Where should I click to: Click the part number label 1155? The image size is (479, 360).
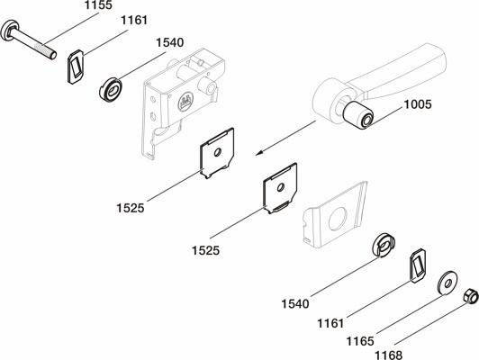point(98,5)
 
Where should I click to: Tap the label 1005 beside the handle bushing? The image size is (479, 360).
point(418,104)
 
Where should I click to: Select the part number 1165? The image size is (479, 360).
point(360,341)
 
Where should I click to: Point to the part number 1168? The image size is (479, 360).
point(389,355)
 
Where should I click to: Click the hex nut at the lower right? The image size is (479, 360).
point(470,296)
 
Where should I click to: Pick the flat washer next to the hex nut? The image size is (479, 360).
point(447,283)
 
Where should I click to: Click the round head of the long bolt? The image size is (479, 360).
point(9,30)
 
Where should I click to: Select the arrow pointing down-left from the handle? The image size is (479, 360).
point(285,138)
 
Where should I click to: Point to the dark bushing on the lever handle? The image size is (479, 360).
point(357,115)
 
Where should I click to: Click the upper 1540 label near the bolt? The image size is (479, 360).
point(170,42)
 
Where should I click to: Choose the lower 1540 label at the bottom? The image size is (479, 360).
point(295,304)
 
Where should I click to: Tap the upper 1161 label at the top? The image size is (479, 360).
point(134,20)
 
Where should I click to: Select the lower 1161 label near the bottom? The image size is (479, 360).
point(330,323)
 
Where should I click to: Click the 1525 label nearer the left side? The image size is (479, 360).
point(131,208)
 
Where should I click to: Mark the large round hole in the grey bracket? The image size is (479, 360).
point(339,219)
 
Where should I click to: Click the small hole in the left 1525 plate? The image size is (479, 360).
point(218,152)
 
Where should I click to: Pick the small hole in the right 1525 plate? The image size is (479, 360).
point(281,187)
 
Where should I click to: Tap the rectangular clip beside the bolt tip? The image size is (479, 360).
point(76,67)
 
